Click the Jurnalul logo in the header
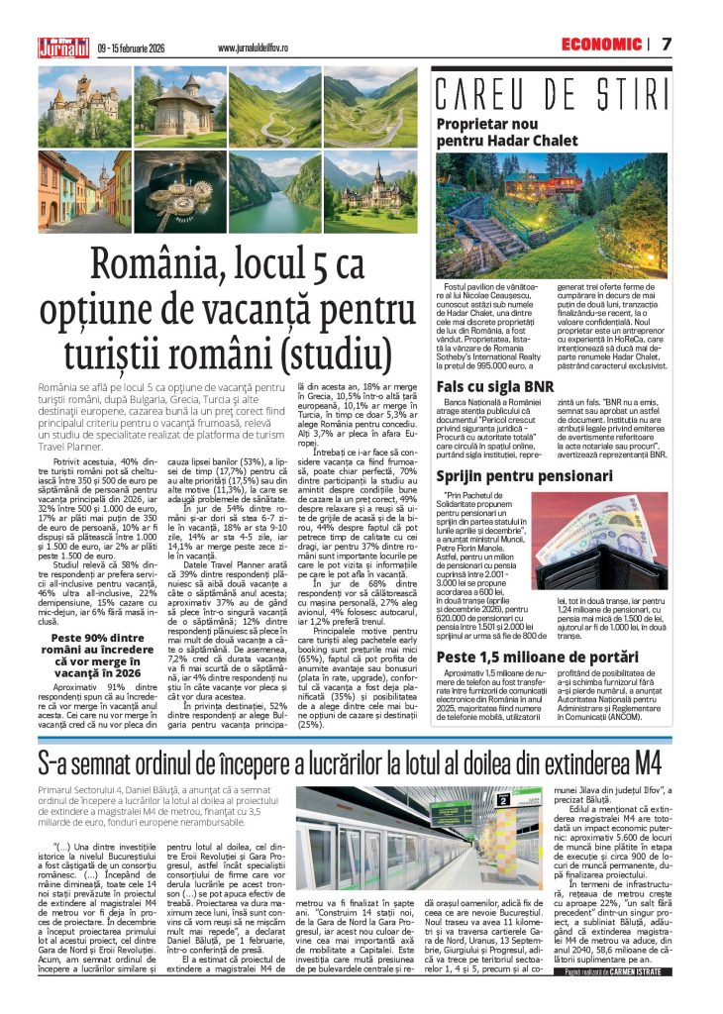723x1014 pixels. coord(62,45)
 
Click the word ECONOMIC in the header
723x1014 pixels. coord(601,44)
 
